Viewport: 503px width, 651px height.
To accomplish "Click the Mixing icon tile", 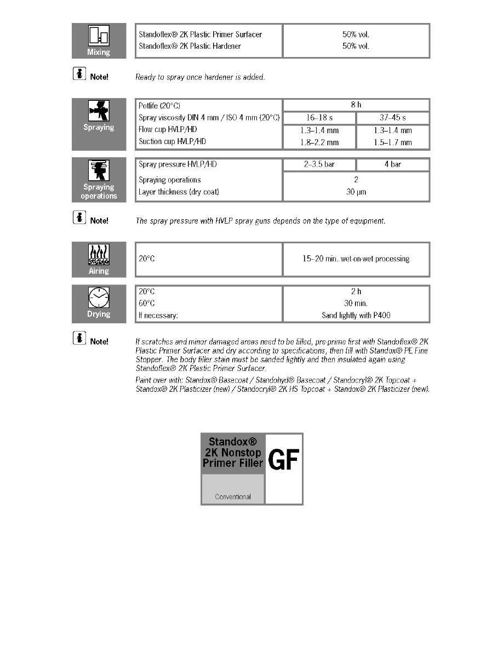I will tap(99, 41).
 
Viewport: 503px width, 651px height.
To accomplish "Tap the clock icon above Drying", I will tap(99, 298).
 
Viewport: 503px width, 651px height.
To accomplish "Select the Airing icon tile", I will tap(99, 259).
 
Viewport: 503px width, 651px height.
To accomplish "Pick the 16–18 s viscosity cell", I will tap(319, 118).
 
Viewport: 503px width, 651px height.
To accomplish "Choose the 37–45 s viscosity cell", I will tap(392, 118).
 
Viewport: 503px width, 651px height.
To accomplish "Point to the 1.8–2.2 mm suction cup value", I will tap(319, 142).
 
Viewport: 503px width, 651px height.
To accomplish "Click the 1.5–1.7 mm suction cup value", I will tap(392, 142).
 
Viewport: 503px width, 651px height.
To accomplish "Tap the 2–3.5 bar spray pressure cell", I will tap(319, 164).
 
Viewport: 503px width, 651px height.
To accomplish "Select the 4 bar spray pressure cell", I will tap(392, 164).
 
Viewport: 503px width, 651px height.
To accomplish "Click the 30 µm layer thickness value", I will tap(356, 192).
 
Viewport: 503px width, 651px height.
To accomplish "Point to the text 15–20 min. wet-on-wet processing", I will tap(356, 259).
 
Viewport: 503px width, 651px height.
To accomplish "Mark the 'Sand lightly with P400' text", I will tap(356, 316).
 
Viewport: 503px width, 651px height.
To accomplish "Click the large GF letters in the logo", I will tap(284, 461).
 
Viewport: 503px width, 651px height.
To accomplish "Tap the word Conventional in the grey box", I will tap(233, 497).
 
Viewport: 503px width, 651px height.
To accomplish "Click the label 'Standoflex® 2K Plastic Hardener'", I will tap(190, 46).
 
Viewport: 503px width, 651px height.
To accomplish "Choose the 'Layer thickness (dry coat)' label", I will tap(179, 192).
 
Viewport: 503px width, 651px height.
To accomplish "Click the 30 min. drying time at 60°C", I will tap(356, 304).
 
